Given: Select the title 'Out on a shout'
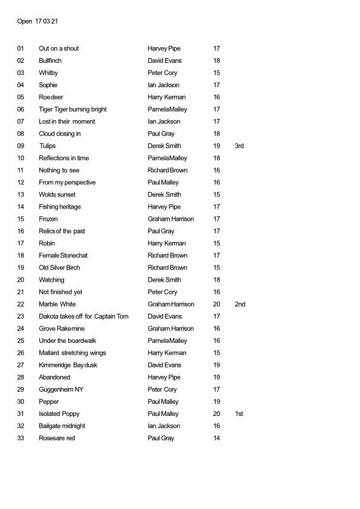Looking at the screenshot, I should tap(59, 48).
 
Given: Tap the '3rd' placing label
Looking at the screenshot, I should tap(239, 146).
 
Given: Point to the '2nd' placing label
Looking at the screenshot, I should tap(240, 304).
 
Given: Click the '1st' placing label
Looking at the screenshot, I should tap(239, 413).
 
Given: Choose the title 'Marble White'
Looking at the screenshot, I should tap(57, 304).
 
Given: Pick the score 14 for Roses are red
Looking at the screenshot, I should tap(217, 438).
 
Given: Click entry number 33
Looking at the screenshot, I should tap(21, 438).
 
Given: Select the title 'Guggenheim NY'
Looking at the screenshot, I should tap(60, 389).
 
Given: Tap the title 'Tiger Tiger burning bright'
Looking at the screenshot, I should tap(72, 109).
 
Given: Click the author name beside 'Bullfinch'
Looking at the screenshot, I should tap(164, 60).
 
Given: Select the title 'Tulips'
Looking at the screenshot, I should tap(47, 146).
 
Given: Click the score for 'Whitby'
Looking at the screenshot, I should tap(217, 73).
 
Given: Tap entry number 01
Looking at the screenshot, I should tap(21, 48).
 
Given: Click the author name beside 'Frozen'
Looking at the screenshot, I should tap(170, 219).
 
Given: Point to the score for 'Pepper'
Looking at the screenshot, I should tap(217, 401).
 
